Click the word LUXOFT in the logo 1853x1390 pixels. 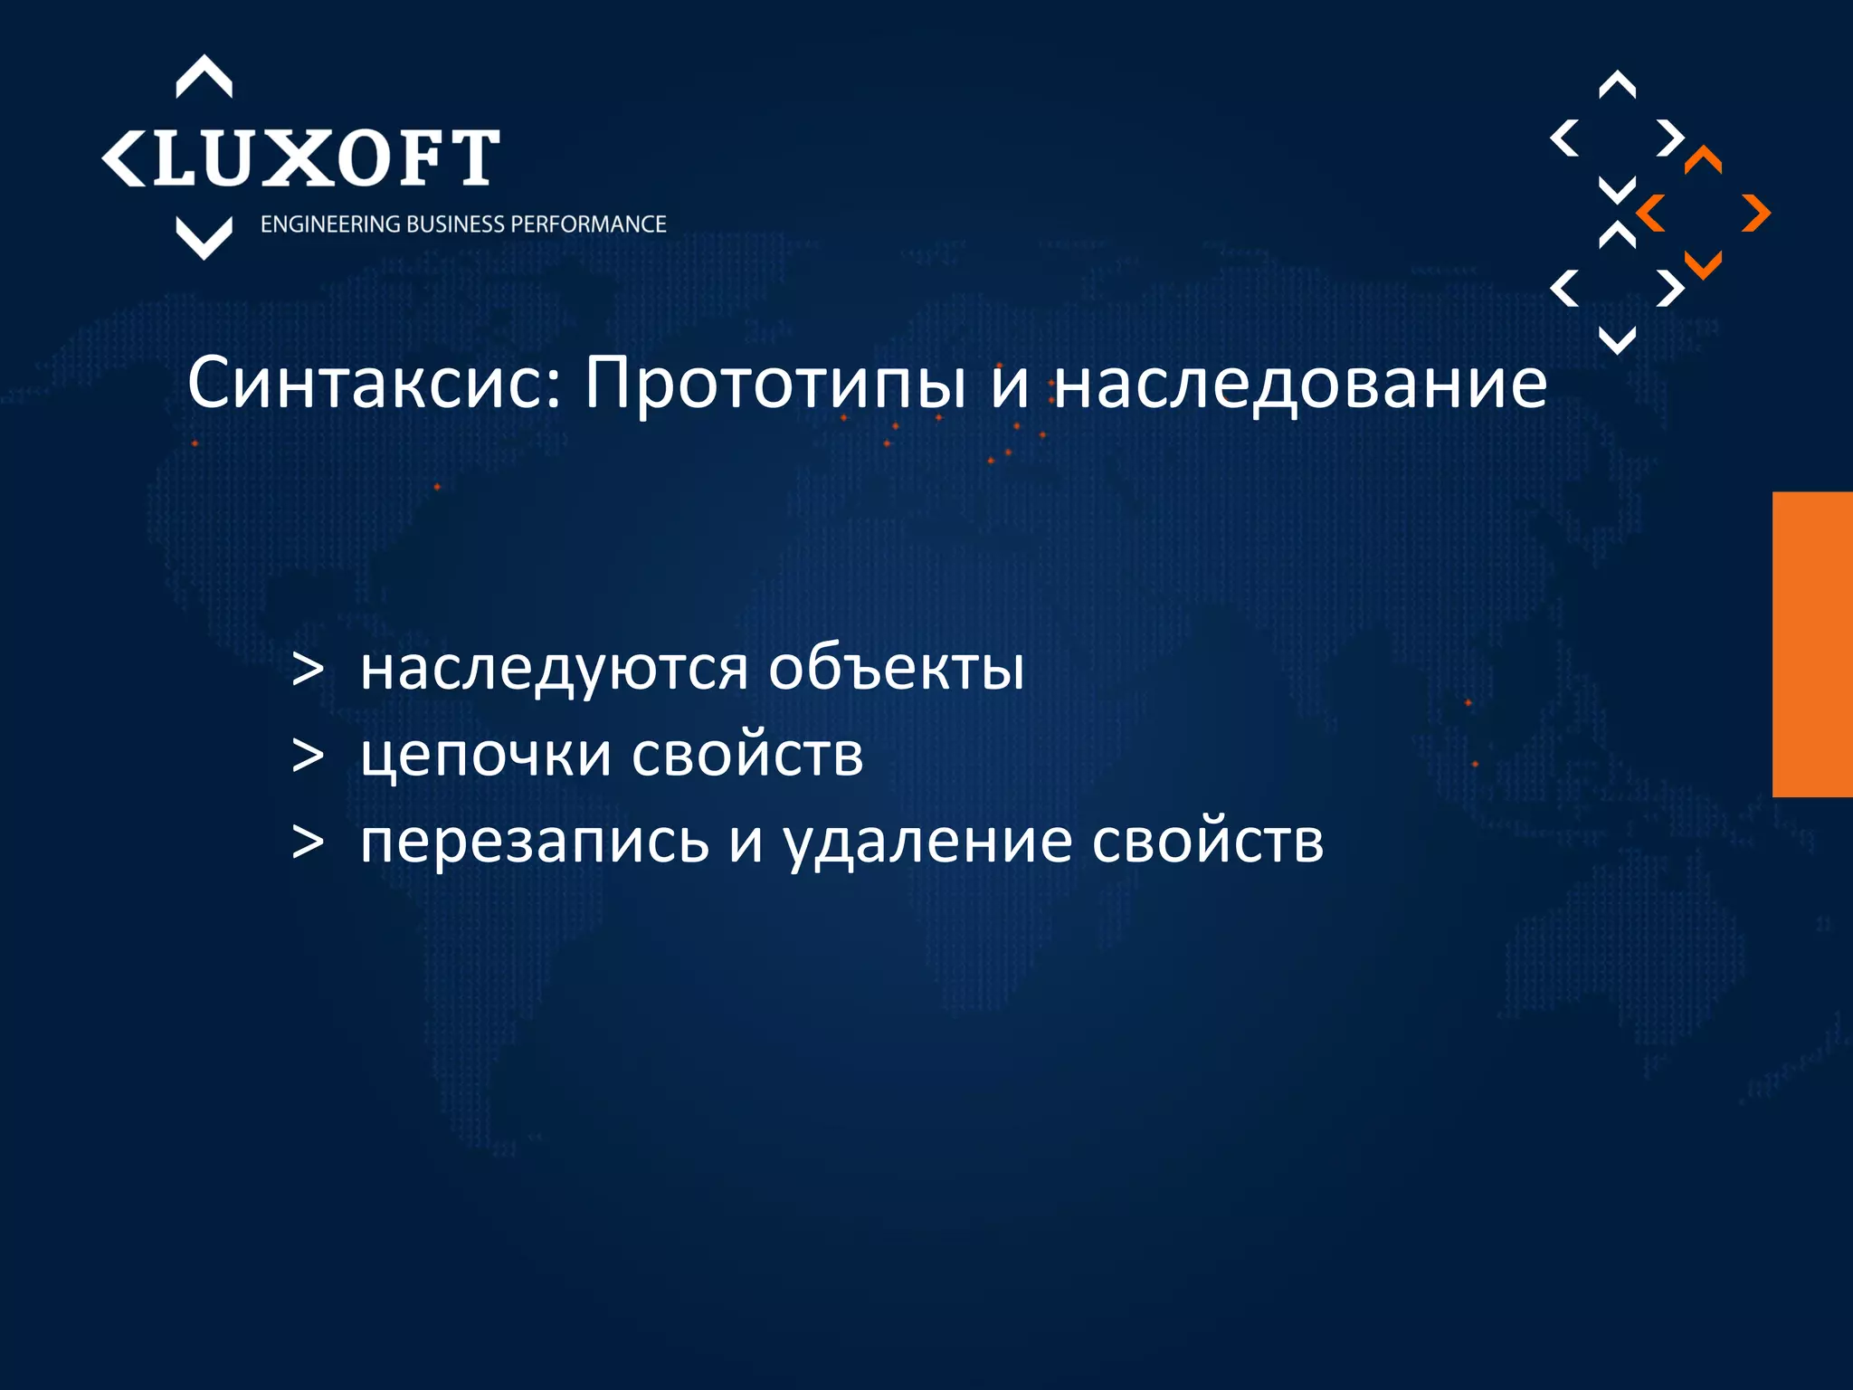[326, 157]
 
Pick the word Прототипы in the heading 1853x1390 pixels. [774, 384]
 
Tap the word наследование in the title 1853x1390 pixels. [1301, 384]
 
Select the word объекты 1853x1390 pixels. [896, 670]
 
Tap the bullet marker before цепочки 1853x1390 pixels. [308, 757]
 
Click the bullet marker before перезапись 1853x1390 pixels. [308, 842]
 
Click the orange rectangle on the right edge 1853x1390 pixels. [1812, 644]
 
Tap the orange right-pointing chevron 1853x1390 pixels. [1756, 214]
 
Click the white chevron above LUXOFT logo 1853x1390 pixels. [204, 76]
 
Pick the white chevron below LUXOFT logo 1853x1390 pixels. [204, 238]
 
